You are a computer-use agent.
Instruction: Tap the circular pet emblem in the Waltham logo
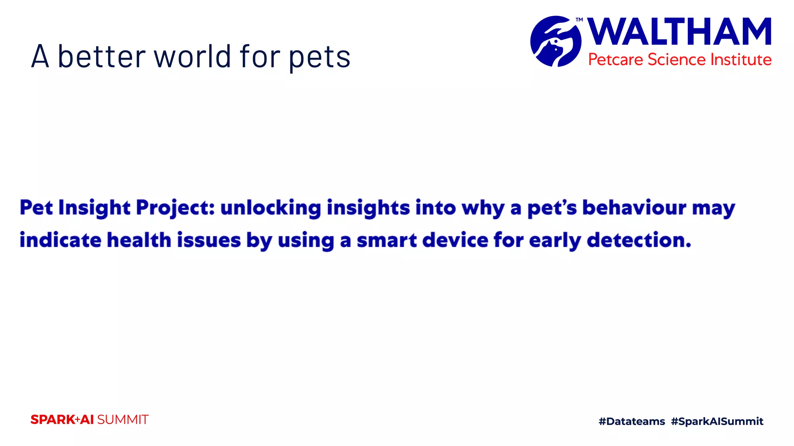pyautogui.click(x=556, y=41)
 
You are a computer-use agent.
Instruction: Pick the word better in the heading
pyautogui.click(x=102, y=57)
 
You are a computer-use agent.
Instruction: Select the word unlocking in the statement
pyautogui.click(x=271, y=208)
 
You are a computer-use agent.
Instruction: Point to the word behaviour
pyautogui.click(x=634, y=208)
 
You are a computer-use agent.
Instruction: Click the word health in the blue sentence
pyautogui.click(x=139, y=240)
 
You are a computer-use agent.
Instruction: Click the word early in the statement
pyautogui.click(x=555, y=241)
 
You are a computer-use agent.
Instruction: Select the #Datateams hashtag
pyautogui.click(x=632, y=421)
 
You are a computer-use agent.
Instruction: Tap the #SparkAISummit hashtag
pyautogui.click(x=717, y=421)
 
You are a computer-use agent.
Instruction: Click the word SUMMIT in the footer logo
pyautogui.click(x=123, y=420)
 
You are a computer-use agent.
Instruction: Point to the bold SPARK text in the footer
pyautogui.click(x=53, y=420)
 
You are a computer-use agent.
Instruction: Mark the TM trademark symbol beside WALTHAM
pyautogui.click(x=579, y=20)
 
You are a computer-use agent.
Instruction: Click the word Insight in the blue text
pyautogui.click(x=94, y=208)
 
